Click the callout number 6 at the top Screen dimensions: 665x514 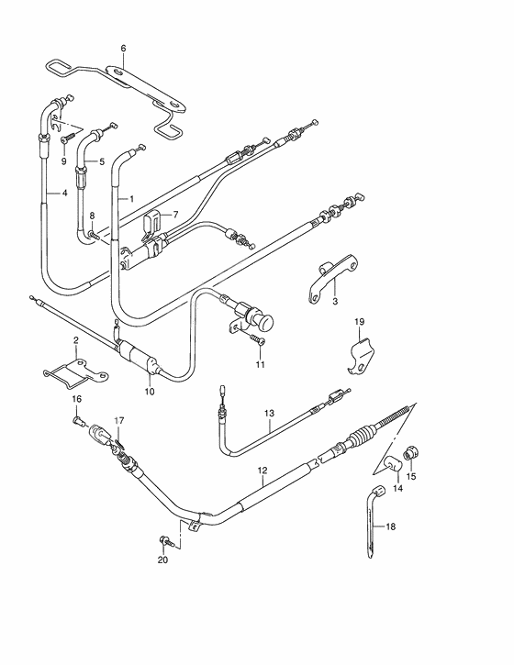tap(124, 48)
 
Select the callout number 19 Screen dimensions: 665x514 tap(361, 322)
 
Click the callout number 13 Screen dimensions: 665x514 tap(270, 413)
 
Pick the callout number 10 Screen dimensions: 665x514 tap(149, 392)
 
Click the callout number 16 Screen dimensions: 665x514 tap(77, 399)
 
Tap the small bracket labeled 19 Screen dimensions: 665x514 tap(363, 355)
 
